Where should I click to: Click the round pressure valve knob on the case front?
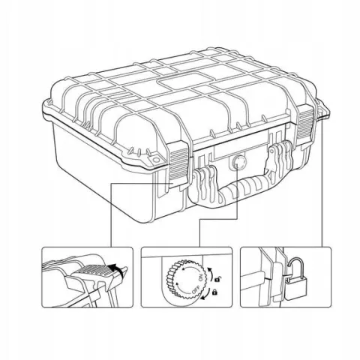click(x=238, y=162)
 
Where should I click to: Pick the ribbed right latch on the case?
click(x=305, y=121)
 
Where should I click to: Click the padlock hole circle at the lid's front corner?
click(x=155, y=160)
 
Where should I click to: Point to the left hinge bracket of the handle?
click(x=205, y=182)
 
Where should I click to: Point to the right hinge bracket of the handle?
click(x=280, y=160)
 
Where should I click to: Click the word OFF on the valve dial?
click(x=196, y=289)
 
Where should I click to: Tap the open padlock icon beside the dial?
click(x=217, y=278)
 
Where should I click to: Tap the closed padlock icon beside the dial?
click(x=214, y=292)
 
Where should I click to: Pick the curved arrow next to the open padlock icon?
click(x=211, y=273)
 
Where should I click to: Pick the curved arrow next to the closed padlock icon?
click(x=206, y=295)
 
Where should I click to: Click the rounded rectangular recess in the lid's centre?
click(x=179, y=81)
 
